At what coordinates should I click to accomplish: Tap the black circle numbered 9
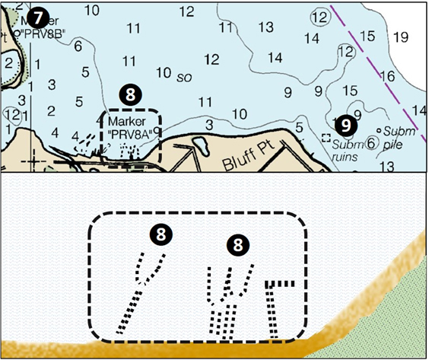pos(346,123)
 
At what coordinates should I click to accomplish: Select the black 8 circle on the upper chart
pos(130,94)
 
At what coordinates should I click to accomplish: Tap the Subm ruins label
pos(350,145)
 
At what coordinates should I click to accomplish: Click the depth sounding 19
pos(402,37)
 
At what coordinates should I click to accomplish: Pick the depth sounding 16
pos(387,76)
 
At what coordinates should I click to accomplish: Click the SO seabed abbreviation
pos(183,77)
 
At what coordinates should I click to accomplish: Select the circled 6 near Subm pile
pos(371,142)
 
